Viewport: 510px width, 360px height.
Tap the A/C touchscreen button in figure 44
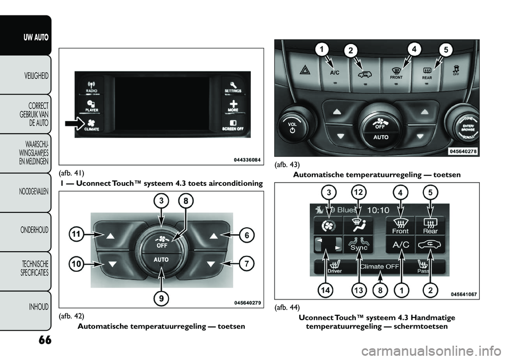click(x=401, y=245)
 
